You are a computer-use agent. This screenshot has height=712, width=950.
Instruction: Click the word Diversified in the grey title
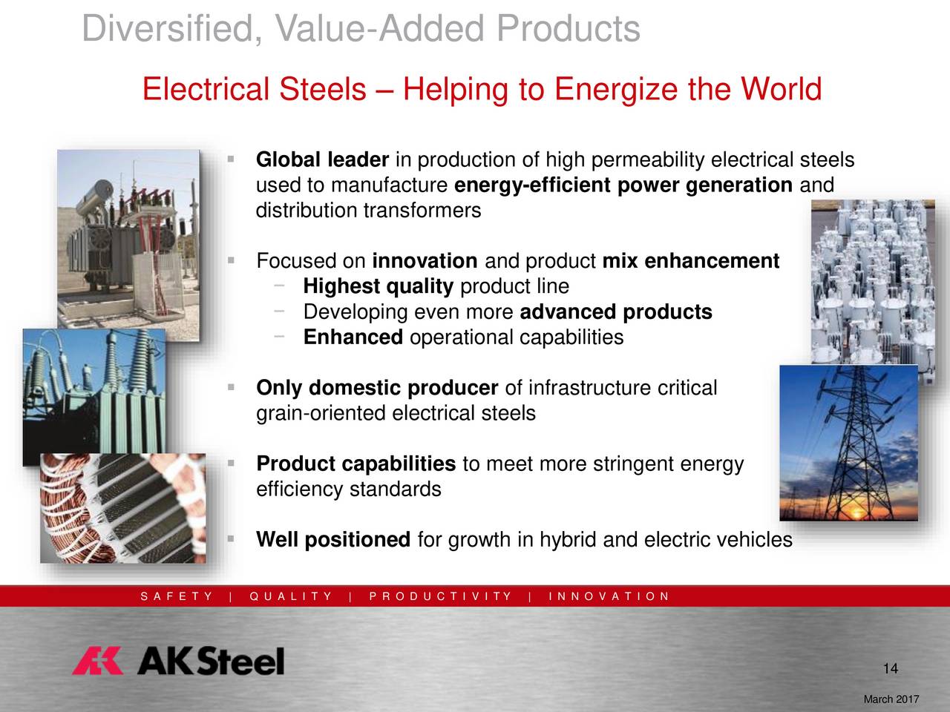pos(172,29)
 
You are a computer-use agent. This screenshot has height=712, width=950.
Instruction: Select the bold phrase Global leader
pos(322,159)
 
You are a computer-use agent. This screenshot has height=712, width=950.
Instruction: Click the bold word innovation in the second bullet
pos(425,260)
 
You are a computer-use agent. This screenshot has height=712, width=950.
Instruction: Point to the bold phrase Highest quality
pos(379,286)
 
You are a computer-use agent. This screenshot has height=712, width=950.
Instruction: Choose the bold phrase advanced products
pos(616,312)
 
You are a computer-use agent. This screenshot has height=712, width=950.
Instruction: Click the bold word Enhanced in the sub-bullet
pos(353,337)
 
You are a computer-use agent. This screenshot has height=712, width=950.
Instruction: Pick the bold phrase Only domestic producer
pos(377,388)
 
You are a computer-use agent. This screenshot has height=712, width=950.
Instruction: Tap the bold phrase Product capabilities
pos(356,464)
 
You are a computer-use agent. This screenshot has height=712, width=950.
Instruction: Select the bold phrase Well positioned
pos(333,540)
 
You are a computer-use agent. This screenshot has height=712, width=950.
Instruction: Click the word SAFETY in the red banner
pos(176,596)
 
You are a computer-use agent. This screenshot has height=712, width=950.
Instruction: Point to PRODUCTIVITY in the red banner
pos(440,596)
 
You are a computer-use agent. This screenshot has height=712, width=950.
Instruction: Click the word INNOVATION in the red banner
pos(609,596)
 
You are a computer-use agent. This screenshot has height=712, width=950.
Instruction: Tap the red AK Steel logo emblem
pos(98,661)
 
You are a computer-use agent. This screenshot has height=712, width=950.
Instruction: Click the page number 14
pos(891,669)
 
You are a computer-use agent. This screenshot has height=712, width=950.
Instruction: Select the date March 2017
pos(891,699)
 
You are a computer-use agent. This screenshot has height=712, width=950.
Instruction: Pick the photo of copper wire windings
pos(123,508)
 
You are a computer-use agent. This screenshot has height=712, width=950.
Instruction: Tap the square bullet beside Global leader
pos(231,159)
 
